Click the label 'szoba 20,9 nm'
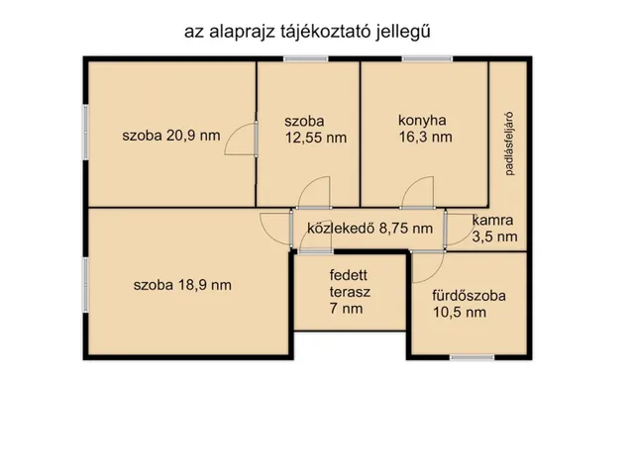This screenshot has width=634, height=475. (x=171, y=137)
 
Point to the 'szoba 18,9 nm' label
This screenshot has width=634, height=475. (x=182, y=285)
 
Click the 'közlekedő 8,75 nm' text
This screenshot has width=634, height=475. (x=370, y=229)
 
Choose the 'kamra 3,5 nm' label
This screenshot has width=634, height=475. (x=493, y=229)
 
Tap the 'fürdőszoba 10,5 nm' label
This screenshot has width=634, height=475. (x=469, y=304)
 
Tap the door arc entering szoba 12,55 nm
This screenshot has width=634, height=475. (x=313, y=193)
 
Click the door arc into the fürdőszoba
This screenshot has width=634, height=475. (x=428, y=264)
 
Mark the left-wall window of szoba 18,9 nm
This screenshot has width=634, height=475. (x=84, y=284)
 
